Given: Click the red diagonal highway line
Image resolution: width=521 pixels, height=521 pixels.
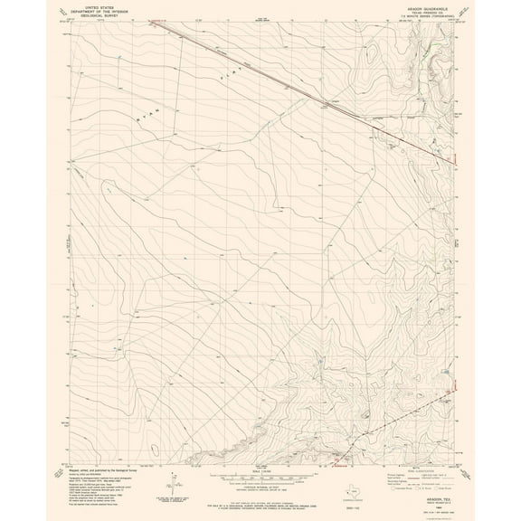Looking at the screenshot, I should [308, 90].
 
